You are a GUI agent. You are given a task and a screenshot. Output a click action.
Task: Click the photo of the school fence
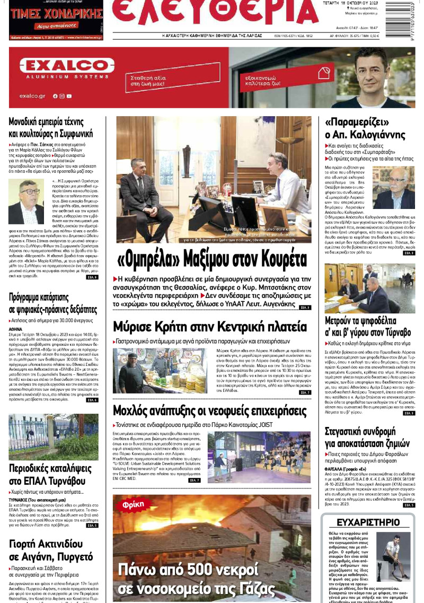click(53, 436)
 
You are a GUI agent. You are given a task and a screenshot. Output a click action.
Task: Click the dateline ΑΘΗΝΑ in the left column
click(16, 329)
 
